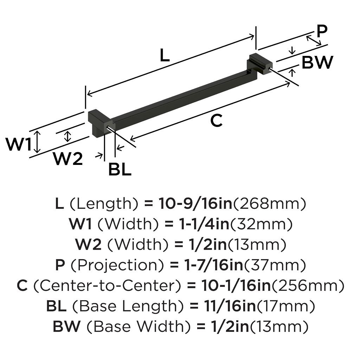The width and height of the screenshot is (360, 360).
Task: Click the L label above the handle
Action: (165, 55)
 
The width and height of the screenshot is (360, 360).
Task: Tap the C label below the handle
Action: (216, 121)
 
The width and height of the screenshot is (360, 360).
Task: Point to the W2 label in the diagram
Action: (68, 159)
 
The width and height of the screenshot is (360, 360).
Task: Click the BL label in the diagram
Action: (120, 170)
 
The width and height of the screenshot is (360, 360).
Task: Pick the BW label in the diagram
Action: (317, 63)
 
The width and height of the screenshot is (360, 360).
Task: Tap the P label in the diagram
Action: (322, 31)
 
